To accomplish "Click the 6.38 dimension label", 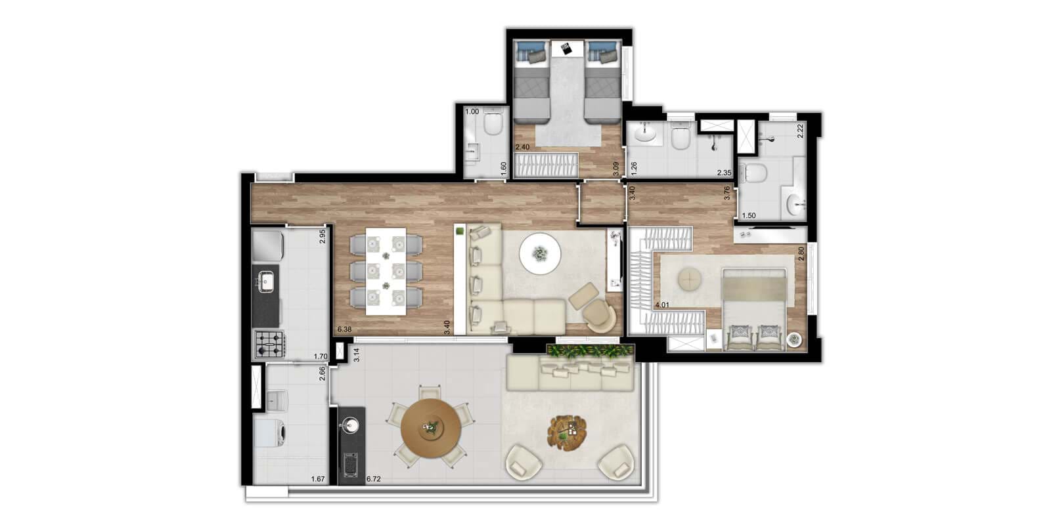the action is click(x=344, y=329).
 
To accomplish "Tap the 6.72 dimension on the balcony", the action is click(x=374, y=479).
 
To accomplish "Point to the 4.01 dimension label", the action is click(x=663, y=304).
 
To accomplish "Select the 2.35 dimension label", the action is click(x=724, y=173).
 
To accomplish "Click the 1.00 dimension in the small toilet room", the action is click(x=472, y=112).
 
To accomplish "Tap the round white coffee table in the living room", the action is click(x=540, y=254).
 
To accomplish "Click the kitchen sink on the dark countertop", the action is click(x=265, y=282).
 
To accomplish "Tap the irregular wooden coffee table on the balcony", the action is click(x=567, y=430).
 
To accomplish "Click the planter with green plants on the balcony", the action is click(x=591, y=351).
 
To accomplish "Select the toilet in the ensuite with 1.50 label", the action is click(x=752, y=173).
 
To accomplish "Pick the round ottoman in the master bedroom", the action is click(x=690, y=281).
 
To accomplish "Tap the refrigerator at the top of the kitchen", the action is click(x=267, y=245).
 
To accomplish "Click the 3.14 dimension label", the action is click(x=357, y=355).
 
